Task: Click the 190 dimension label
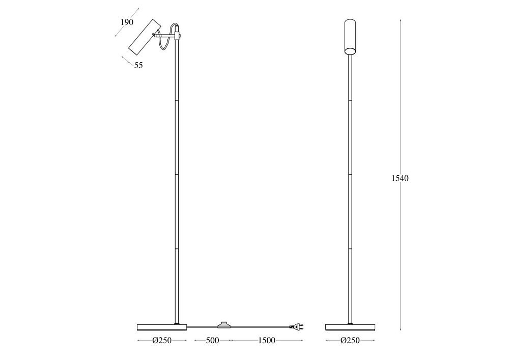127,22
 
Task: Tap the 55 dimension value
138,65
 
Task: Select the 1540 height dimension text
400,178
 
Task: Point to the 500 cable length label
212,341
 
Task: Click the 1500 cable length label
267,341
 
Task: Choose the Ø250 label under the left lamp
162,341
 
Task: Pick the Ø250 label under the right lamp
350,341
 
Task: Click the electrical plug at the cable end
297,326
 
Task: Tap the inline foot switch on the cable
222,325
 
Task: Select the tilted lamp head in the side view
145,38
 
